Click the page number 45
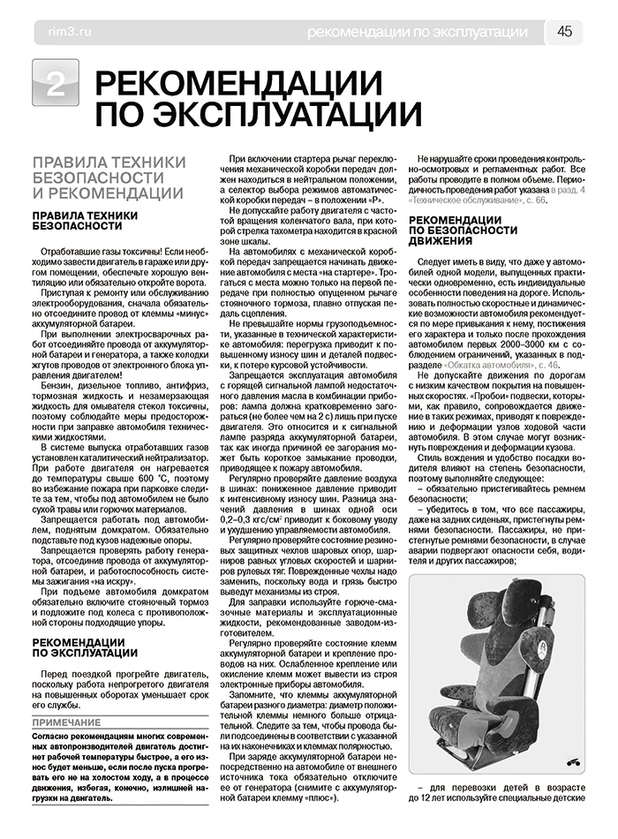[564, 32]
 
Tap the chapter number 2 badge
[55, 85]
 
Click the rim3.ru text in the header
[60, 33]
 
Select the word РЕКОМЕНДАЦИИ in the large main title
[238, 84]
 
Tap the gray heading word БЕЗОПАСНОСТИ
[90, 178]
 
